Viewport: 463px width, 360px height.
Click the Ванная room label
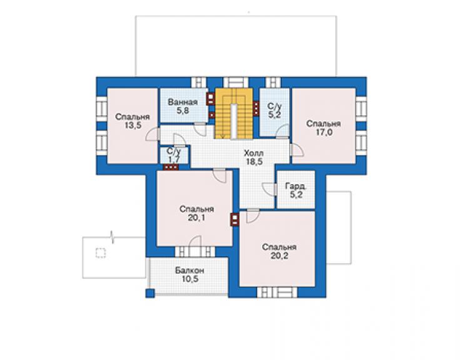tap(183, 102)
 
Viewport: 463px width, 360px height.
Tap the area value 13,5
tap(133, 125)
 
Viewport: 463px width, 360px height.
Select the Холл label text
tap(253, 153)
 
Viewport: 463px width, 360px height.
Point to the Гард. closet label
tap(296, 186)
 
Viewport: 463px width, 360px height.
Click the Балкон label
tap(190, 270)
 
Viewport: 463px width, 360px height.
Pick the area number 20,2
tap(279, 255)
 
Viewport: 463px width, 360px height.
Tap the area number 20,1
tap(196, 218)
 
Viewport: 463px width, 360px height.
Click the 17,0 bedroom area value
tap(323, 132)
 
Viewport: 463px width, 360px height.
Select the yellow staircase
tap(234, 113)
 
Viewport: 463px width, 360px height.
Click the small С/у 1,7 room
tap(174, 155)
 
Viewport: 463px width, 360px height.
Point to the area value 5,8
tap(183, 111)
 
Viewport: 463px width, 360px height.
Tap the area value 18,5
tap(254, 162)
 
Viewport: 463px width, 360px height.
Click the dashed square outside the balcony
tap(101, 254)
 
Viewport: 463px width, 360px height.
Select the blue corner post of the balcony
tap(150, 293)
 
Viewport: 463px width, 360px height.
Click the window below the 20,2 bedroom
tap(277, 292)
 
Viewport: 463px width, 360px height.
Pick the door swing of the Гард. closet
tap(268, 189)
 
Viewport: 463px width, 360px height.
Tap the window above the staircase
tap(235, 82)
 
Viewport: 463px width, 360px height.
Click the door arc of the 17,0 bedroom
tap(297, 150)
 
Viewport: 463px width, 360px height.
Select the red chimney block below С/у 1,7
tap(171, 167)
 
